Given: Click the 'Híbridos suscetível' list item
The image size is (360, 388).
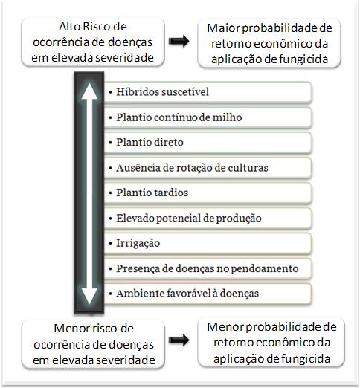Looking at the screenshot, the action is click(x=208, y=92).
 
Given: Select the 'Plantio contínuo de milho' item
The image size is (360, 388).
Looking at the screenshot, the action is click(x=208, y=117).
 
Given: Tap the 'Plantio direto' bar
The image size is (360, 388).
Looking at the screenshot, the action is click(x=208, y=143).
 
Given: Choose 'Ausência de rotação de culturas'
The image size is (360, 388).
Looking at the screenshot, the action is click(x=208, y=168).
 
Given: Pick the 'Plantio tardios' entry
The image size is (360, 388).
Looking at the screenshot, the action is click(x=208, y=193).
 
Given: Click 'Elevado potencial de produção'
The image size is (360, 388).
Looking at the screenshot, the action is click(x=208, y=218).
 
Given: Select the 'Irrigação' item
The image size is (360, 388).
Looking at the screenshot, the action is click(x=208, y=243).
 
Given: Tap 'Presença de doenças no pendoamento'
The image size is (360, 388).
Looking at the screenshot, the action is click(x=208, y=268).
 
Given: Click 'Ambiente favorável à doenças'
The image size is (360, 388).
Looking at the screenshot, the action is click(x=208, y=294).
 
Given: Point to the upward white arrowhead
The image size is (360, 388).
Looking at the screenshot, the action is click(x=89, y=91).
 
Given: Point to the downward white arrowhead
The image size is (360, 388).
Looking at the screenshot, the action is click(x=89, y=296).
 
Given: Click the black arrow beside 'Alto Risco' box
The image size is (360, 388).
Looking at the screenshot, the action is click(x=179, y=41).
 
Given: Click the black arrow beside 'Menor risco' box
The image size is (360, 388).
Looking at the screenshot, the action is click(x=179, y=340).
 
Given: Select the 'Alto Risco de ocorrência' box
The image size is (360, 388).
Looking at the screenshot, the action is click(x=93, y=42).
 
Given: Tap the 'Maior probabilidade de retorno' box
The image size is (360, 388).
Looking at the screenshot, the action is click(x=269, y=43).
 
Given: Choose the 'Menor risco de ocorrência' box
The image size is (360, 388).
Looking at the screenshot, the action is click(x=93, y=344).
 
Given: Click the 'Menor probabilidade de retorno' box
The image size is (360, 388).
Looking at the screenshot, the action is click(x=271, y=343).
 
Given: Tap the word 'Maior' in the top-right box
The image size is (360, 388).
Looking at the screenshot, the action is click(x=223, y=28).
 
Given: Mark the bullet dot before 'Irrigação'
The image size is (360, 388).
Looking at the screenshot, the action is click(x=111, y=243).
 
